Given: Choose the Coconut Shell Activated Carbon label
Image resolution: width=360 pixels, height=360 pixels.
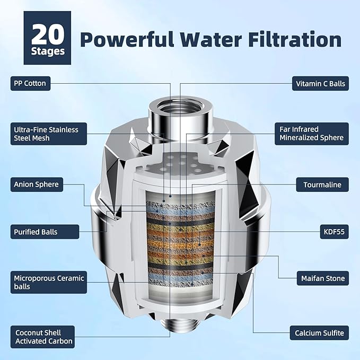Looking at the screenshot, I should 43,337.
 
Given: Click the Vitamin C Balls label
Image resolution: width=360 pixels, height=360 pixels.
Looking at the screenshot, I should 320,83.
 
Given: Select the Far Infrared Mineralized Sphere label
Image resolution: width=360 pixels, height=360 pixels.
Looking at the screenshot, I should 312,134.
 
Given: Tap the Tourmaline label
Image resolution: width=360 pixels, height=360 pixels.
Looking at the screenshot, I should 322,185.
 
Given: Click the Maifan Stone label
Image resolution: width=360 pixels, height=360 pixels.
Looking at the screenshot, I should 320,278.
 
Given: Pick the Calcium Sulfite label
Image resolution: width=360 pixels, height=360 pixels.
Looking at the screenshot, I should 319,333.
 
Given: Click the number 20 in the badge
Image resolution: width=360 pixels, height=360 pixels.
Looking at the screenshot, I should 48,34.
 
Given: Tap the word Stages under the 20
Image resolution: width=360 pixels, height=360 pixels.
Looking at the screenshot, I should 48,51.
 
